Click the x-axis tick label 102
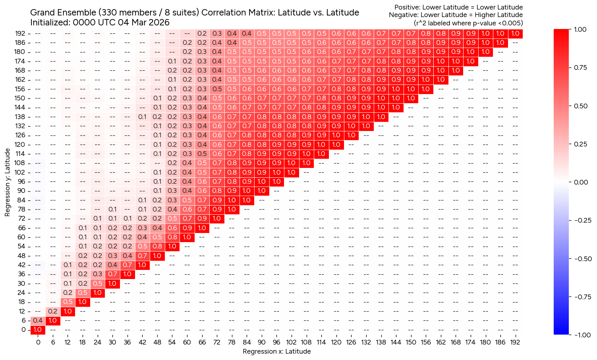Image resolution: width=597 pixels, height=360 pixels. [291, 342]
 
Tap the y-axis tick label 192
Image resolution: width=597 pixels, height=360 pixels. [20, 33]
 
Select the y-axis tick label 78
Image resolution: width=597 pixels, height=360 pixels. [21, 209]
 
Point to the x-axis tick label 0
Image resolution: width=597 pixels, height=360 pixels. [38, 342]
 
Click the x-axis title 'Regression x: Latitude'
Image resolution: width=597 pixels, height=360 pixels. [276, 351]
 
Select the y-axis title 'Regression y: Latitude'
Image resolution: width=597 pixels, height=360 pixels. [7, 182]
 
